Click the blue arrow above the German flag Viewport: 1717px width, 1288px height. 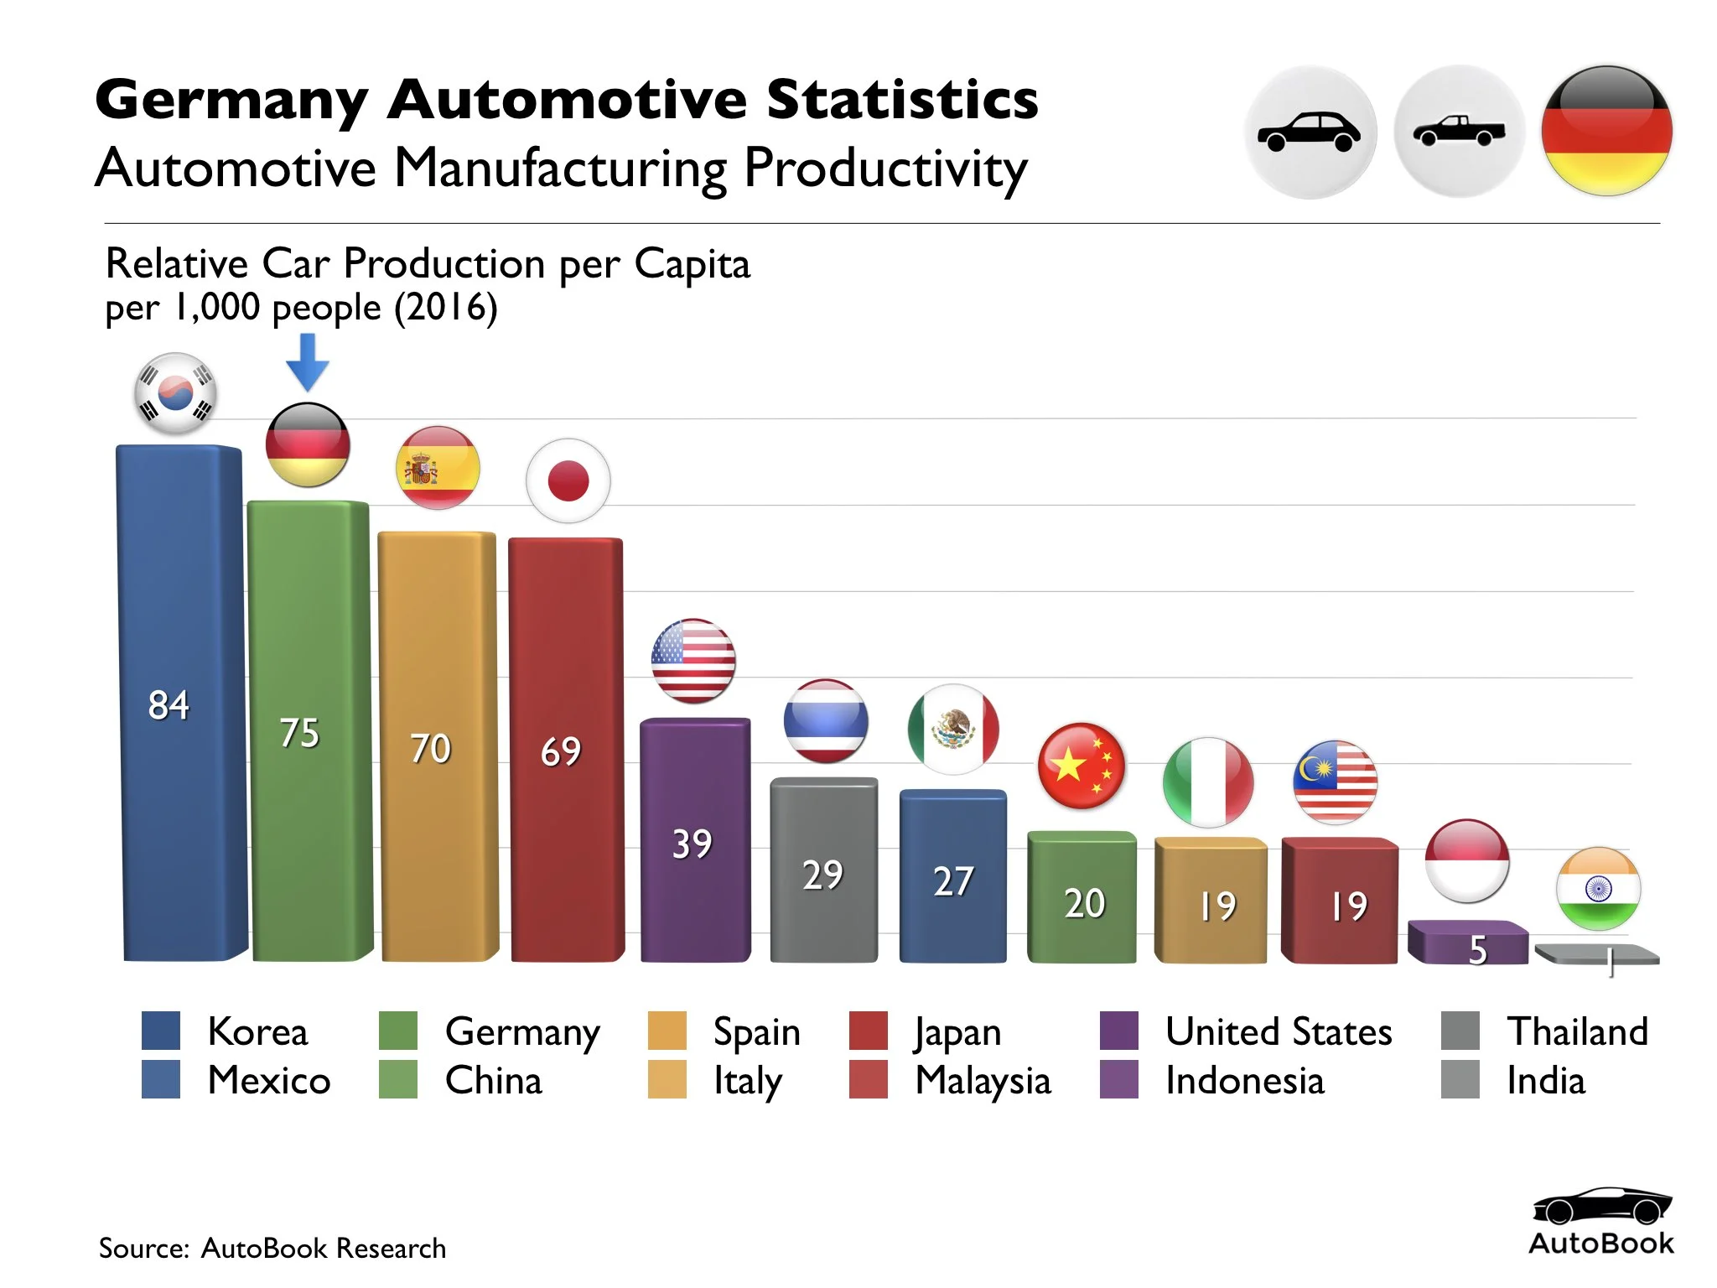307,361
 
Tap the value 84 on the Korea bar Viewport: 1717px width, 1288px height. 169,705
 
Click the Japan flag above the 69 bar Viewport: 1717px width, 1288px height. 568,481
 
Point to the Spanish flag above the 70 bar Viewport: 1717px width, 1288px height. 438,468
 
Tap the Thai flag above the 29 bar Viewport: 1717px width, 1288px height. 825,721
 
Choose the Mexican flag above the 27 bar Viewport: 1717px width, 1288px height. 953,729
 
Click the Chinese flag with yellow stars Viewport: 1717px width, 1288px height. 1082,766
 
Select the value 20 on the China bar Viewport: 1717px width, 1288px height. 1084,904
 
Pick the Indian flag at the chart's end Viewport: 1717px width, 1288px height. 1598,889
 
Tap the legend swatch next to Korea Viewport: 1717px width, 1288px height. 161,1031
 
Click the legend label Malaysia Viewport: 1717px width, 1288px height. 983,1081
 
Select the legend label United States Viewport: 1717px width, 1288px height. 1279,1031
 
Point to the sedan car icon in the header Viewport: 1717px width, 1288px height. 1310,132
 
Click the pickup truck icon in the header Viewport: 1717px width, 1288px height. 1459,132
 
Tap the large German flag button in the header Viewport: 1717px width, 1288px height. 1606,131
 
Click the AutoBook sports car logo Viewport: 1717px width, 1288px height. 1601,1206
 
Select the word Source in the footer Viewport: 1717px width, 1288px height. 143,1249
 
